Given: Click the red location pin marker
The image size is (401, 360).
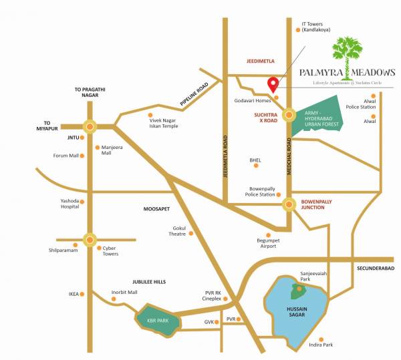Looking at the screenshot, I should pos(273,85).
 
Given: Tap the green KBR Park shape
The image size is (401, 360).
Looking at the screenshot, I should pos(158,319).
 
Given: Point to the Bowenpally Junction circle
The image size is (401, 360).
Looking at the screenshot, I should pos(289,204).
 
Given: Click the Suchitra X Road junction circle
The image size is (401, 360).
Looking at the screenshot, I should pos(289,116).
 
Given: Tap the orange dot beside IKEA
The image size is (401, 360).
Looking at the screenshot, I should pos(84,293).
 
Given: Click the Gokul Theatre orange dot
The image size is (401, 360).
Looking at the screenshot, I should pos(190,233).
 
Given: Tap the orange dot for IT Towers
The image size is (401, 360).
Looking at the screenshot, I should pos(297,29).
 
